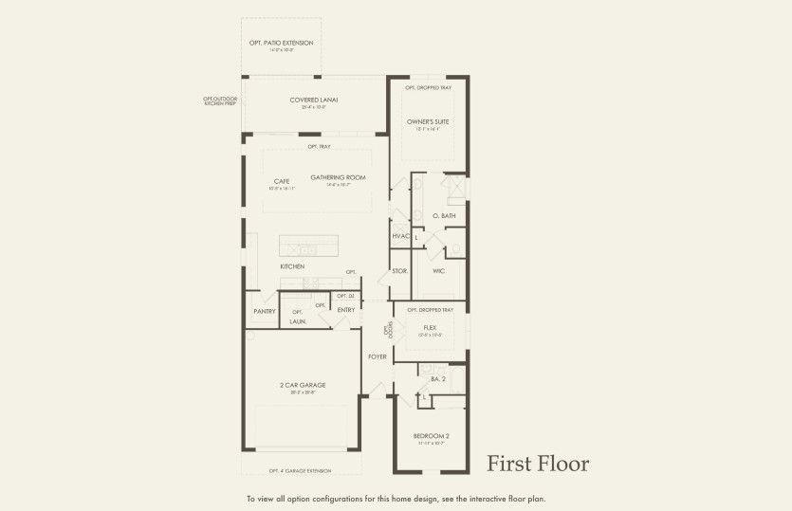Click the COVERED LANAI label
click(x=314, y=100)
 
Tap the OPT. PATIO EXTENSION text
click(x=281, y=43)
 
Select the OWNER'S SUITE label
click(x=428, y=122)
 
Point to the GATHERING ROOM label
click(x=338, y=177)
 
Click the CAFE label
click(x=282, y=181)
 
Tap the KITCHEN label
click(x=292, y=266)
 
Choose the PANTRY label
click(x=264, y=311)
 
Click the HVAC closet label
click(x=399, y=236)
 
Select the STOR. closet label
click(x=399, y=271)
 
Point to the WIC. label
click(x=440, y=271)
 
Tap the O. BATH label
click(x=445, y=216)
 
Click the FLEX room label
click(x=430, y=327)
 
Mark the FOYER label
click(x=378, y=356)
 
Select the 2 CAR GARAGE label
click(x=303, y=385)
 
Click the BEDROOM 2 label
click(x=431, y=436)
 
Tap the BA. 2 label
click(x=437, y=379)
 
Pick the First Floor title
click(x=538, y=464)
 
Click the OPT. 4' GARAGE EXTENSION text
click(x=302, y=470)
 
